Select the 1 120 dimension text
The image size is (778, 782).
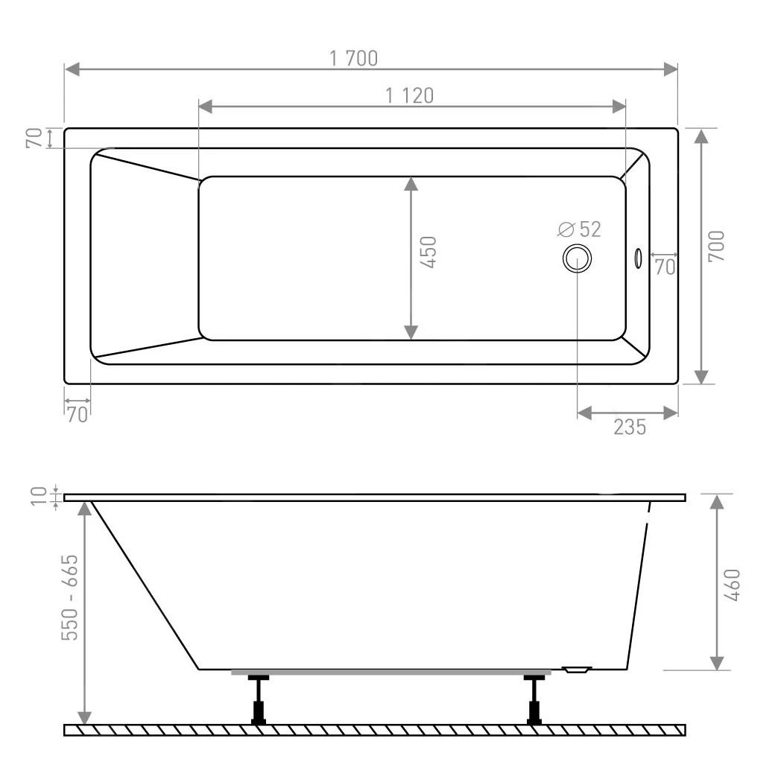(409, 95)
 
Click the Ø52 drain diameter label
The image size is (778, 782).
(579, 229)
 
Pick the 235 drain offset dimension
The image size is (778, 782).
(630, 427)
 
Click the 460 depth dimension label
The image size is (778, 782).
(731, 585)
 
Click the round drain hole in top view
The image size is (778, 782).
(578, 258)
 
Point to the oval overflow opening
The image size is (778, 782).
(638, 258)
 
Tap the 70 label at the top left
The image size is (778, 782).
(34, 139)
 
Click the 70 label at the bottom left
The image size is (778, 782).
(77, 414)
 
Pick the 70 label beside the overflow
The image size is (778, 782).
(665, 267)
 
